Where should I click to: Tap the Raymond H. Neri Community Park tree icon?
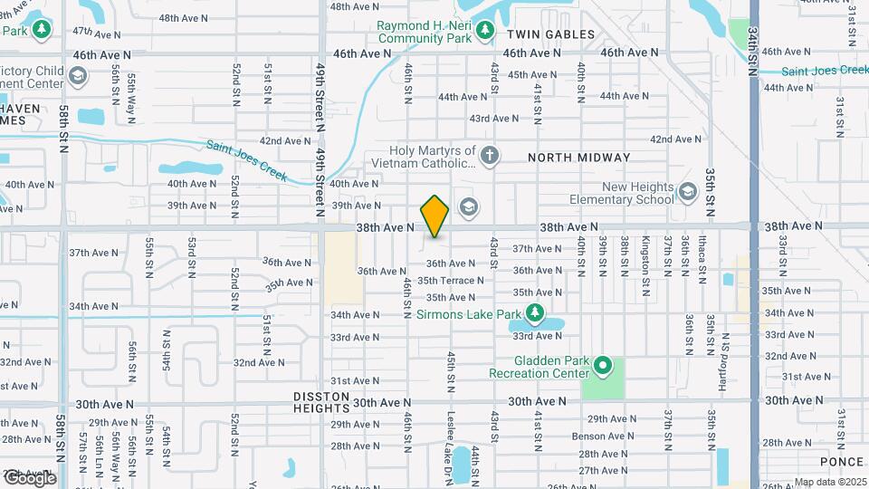tap(485, 32)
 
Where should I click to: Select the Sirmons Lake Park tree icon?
tap(535, 314)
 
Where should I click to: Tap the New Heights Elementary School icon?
tap(688, 192)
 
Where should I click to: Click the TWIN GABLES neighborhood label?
tap(550, 34)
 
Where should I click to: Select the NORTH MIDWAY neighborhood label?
tap(579, 158)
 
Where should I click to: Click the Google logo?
tap(29, 477)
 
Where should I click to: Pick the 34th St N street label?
tap(753, 50)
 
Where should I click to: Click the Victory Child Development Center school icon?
tap(78, 75)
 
